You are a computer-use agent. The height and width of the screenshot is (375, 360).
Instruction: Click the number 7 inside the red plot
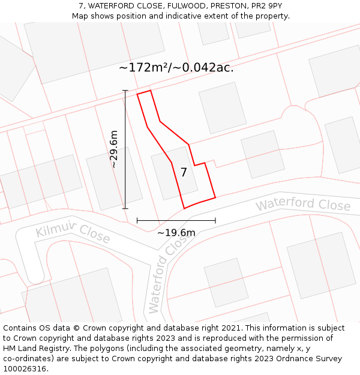(x=184, y=172)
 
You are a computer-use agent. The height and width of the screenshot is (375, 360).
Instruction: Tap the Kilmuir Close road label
(x=73, y=234)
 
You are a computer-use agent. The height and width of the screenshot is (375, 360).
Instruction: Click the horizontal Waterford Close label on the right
(x=303, y=205)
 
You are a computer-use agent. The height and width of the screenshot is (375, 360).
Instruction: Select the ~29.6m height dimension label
(x=114, y=149)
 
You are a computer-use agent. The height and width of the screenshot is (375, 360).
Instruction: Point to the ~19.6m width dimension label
(x=176, y=233)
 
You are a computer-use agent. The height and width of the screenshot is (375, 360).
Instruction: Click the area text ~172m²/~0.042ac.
(x=176, y=67)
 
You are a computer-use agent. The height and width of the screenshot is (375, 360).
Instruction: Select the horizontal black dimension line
(x=176, y=221)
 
